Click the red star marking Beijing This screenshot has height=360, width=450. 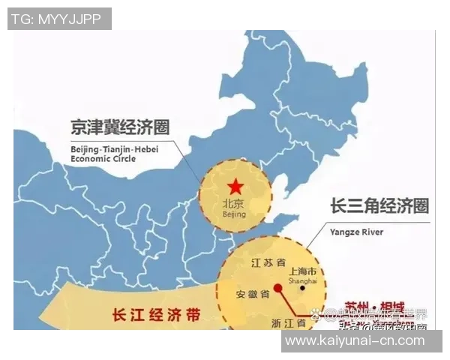[235, 187]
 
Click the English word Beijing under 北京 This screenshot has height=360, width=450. [235, 214]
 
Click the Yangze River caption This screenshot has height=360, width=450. [357, 232]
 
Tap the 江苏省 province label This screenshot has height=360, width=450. [268, 263]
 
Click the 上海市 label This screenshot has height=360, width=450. [303, 271]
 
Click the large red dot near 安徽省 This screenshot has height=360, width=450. [277, 286]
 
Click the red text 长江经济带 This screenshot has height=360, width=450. [156, 315]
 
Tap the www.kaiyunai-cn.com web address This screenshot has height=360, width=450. [361, 341]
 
